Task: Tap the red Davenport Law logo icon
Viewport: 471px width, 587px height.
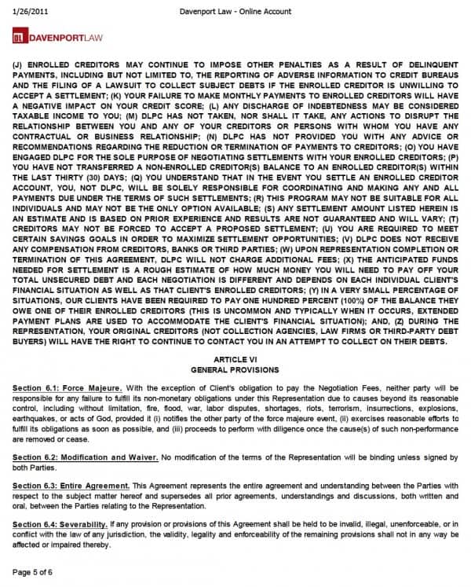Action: point(20,36)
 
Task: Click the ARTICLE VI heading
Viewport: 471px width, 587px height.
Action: point(235,358)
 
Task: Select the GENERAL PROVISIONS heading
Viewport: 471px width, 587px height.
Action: point(235,368)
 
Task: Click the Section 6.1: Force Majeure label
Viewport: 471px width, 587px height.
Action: point(67,387)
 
